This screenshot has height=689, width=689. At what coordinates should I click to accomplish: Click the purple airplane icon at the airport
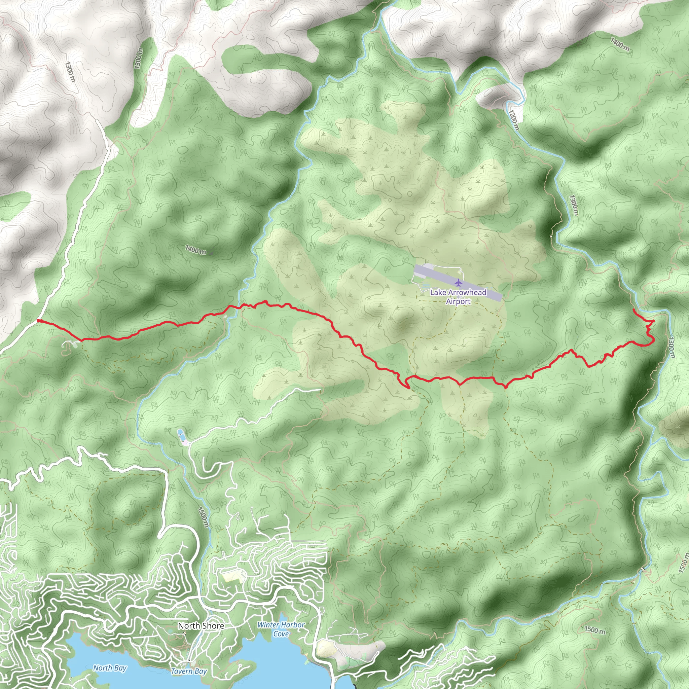458,283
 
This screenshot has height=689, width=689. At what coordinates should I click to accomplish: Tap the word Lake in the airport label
438,292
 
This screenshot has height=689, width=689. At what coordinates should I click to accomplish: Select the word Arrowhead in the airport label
467,292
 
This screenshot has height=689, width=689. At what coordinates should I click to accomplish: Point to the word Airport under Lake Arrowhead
458,302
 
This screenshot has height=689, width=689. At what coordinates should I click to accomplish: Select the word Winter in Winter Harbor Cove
268,625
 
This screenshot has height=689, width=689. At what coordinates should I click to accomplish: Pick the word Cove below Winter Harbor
281,634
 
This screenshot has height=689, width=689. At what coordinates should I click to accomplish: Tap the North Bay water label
110,667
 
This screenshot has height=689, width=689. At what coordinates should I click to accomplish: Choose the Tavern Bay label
189,671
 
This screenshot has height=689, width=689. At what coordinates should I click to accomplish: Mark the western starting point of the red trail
38,321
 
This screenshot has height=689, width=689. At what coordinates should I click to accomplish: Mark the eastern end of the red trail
633,310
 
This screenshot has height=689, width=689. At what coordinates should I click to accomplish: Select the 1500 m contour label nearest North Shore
203,517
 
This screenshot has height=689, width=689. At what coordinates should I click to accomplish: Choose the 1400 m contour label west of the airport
195,250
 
